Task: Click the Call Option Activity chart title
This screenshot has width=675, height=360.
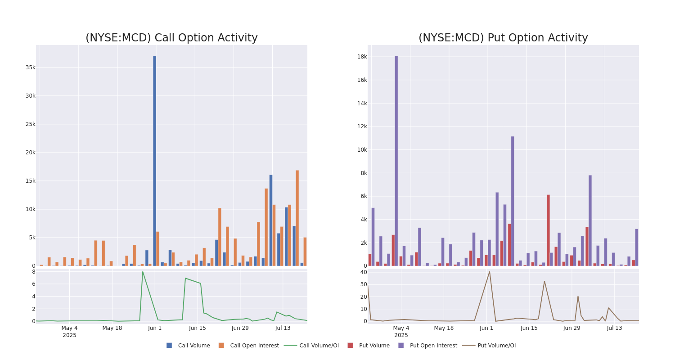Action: click(x=171, y=38)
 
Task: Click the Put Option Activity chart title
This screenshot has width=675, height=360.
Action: click(x=503, y=38)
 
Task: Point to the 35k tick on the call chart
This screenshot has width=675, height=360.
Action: click(x=30, y=67)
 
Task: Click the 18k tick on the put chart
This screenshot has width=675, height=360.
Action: click(x=362, y=57)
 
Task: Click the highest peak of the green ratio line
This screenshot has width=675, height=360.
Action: click(x=143, y=272)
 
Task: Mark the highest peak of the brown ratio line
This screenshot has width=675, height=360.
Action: click(x=490, y=271)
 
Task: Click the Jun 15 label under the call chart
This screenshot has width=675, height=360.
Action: click(x=198, y=328)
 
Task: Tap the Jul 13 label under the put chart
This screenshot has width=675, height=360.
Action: click(x=614, y=328)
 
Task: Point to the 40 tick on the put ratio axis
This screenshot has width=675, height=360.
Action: click(x=363, y=272)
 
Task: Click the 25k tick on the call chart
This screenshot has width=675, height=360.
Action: click(x=30, y=124)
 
